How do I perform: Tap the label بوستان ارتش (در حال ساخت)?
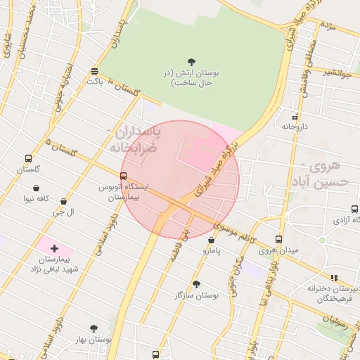193,77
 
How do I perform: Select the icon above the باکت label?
94,71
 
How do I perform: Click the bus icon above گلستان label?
28,159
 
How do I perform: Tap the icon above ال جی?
64,202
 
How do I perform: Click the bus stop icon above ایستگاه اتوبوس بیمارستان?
124,176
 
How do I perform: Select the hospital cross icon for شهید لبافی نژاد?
54,249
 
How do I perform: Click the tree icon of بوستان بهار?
94,328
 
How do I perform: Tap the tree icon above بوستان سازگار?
196,284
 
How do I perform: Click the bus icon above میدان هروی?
279,239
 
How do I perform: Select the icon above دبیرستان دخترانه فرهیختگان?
334,278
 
